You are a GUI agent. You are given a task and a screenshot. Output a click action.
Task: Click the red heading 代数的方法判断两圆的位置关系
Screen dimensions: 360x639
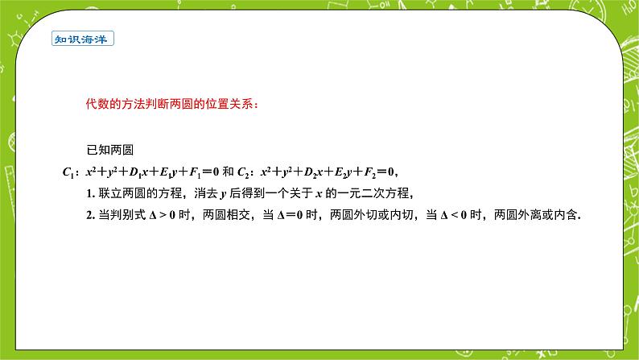[173, 104]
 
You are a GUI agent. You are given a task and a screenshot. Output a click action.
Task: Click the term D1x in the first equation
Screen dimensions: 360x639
[141, 172]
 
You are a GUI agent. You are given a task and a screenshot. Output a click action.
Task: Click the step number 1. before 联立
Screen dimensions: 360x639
[91, 193]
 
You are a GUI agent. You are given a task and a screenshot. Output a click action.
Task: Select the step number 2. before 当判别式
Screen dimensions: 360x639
[91, 216]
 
